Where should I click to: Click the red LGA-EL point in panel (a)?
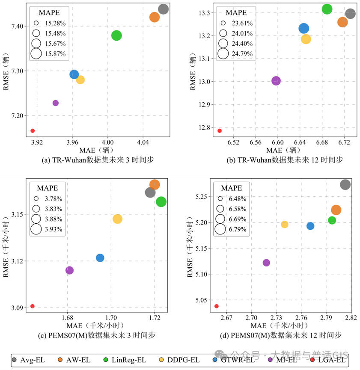click(x=33, y=131)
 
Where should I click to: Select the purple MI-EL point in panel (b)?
click(x=276, y=81)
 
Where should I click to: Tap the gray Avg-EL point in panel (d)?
click(x=345, y=184)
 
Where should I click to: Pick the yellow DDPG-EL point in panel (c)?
click(x=117, y=219)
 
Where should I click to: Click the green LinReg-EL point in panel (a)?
click(x=116, y=36)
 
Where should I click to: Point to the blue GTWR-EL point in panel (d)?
click(x=310, y=226)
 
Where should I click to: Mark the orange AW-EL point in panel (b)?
click(x=342, y=22)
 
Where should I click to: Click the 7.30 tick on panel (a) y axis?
click(x=17, y=71)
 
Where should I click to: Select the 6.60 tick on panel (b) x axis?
click(x=278, y=142)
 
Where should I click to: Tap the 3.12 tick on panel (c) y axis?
click(x=17, y=261)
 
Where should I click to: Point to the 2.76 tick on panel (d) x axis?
click(x=301, y=318)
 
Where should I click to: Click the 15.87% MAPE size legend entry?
click(x=48, y=53)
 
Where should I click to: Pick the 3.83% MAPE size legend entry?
click(x=47, y=209)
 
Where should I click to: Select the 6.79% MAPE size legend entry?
click(x=231, y=229)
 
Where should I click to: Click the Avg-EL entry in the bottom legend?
click(x=28, y=360)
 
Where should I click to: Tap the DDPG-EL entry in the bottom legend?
click(x=179, y=360)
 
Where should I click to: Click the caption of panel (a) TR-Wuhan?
click(x=98, y=160)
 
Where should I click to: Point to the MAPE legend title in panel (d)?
click(x=232, y=188)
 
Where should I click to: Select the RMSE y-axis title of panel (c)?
click(x=6, y=246)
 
